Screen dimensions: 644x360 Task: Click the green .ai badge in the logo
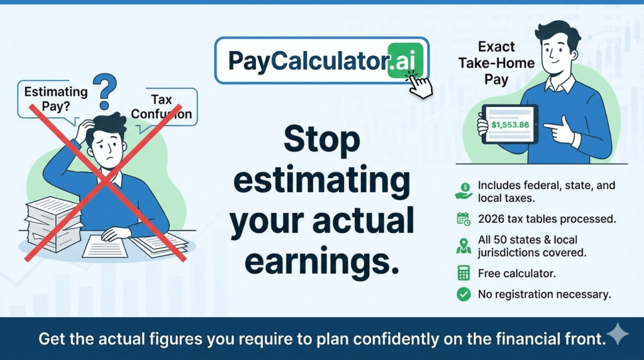(405, 60)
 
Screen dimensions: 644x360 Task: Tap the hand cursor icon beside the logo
(419, 84)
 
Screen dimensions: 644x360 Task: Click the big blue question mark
(105, 91)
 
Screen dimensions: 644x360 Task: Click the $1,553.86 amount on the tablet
(510, 125)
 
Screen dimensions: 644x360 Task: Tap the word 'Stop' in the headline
(321, 139)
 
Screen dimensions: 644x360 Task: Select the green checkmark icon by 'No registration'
(464, 295)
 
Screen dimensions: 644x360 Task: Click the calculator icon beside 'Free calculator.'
(464, 273)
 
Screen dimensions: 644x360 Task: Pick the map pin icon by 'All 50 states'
(464, 245)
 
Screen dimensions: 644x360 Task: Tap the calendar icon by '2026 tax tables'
(464, 219)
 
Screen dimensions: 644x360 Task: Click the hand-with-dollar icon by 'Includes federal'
(464, 191)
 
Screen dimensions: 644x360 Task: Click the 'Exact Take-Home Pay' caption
(496, 63)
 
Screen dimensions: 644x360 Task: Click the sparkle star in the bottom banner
(618, 334)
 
